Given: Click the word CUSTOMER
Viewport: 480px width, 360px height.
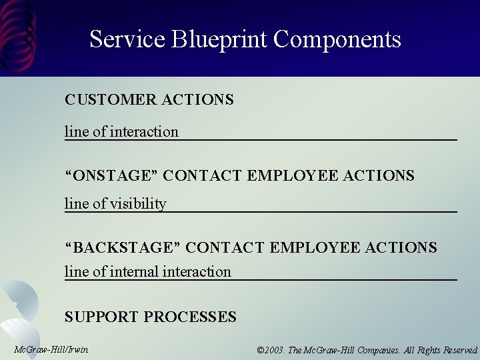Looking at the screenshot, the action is click(110, 100).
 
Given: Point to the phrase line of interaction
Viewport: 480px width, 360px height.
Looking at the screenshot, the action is click(121, 131).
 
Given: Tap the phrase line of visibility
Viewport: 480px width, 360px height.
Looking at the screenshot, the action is click(115, 203).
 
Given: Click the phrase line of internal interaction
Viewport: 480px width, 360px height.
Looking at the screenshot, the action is click(147, 271).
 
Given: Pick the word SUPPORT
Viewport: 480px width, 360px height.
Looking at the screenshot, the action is click(101, 317).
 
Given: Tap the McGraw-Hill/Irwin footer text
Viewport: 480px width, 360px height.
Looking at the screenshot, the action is click(51, 349).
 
